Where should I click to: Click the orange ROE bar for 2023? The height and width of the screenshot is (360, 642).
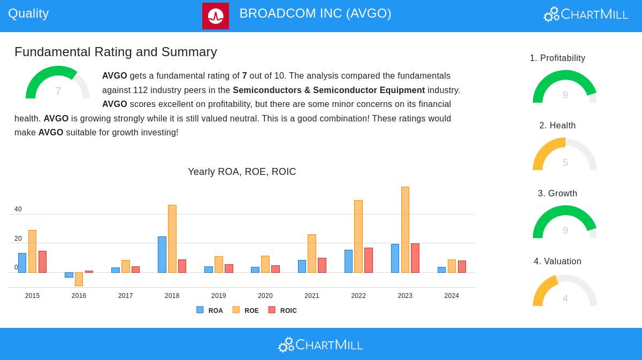405,229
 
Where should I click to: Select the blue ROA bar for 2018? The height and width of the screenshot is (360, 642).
162,255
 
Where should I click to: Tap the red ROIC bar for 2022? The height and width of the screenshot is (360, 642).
369,260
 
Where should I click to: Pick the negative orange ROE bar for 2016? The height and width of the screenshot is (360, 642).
79,279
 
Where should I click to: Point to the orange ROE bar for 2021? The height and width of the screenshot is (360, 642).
312,254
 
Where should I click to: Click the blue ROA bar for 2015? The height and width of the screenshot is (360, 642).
22,263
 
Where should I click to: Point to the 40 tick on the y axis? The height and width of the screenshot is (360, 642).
18,209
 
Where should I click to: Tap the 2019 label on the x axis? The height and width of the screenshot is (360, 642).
218,296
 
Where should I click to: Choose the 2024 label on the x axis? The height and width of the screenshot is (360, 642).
452,296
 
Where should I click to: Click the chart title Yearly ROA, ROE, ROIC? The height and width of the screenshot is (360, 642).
242,172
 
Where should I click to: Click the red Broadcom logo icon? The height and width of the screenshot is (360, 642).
216,16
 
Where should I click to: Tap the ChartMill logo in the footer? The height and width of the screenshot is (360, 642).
320,344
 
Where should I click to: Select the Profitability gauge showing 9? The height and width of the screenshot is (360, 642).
564,88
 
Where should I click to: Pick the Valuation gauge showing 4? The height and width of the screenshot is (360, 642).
564,291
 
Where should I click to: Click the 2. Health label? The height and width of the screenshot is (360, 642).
557,126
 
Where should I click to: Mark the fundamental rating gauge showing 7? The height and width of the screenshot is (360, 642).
58,84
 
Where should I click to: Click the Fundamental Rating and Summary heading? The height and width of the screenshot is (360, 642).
116,52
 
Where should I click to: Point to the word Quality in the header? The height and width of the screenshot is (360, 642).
28,13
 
